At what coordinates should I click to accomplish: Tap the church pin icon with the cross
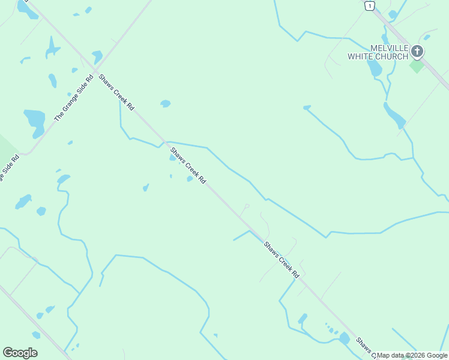click(x=417, y=52)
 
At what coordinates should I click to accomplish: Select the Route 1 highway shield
click(x=370, y=5)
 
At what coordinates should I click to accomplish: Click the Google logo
click(x=20, y=353)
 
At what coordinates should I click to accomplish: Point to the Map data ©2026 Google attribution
click(x=412, y=355)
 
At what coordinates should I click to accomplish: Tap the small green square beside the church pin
click(x=417, y=65)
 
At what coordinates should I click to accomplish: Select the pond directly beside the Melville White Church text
click(x=375, y=68)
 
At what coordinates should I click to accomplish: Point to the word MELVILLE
click(x=390, y=48)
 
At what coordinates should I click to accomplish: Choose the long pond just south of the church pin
click(x=394, y=116)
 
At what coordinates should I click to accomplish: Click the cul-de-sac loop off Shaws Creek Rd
click(x=246, y=206)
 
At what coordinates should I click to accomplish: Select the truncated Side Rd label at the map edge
click(x=8, y=168)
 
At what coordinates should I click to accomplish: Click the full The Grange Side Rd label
click(x=74, y=98)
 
